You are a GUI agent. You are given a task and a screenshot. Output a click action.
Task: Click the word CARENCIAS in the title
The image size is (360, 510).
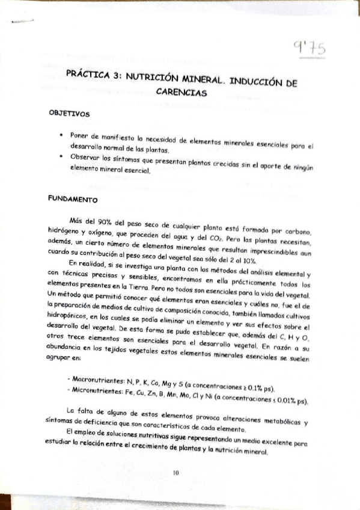click(181, 93)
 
